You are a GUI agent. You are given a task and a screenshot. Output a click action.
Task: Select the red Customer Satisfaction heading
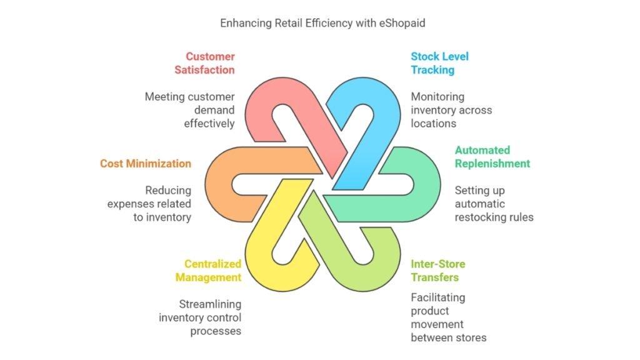click(205, 63)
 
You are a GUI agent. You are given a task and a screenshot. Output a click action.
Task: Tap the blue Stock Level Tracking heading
click(439, 63)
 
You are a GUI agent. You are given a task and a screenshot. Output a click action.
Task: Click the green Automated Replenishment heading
click(492, 157)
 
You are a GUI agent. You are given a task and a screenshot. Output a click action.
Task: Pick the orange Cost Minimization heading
click(146, 164)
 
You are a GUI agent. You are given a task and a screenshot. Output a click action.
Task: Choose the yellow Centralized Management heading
click(208, 271)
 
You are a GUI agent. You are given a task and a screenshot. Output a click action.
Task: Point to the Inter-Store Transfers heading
click(437, 271)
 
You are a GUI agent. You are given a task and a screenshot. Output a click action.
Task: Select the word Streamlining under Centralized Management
click(210, 304)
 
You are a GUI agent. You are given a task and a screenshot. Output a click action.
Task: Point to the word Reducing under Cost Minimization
click(168, 191)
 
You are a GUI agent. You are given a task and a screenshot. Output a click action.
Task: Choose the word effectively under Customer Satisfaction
click(209, 124)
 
